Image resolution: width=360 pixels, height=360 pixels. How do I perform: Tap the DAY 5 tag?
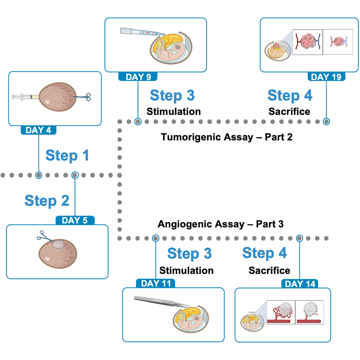click(x=75, y=220)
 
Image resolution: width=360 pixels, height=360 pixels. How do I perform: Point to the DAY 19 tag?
click(x=326, y=76)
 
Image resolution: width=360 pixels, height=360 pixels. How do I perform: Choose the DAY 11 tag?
click(x=155, y=283)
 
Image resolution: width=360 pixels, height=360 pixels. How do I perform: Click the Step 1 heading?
click(x=67, y=155)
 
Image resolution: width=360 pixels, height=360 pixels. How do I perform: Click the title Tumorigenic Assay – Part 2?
click(x=221, y=137)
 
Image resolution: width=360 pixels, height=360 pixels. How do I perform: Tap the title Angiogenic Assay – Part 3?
click(x=220, y=224)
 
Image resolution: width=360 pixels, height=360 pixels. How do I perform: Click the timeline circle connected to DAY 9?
click(x=138, y=121)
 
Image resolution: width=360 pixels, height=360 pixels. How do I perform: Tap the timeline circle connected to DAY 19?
click(x=326, y=121)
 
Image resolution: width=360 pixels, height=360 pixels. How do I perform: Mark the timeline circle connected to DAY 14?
click(x=300, y=238)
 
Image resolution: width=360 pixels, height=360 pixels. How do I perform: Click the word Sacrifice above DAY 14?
click(x=269, y=270)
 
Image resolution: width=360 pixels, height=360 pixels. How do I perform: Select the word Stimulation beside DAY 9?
click(x=173, y=111)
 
